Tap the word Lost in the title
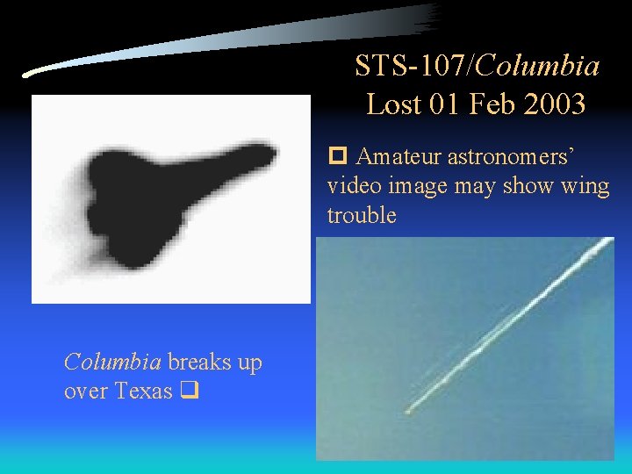394,104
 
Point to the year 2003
554,104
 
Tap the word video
351,186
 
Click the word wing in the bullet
585,186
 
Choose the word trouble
362,215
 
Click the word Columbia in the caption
111,362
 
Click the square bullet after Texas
186,392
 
